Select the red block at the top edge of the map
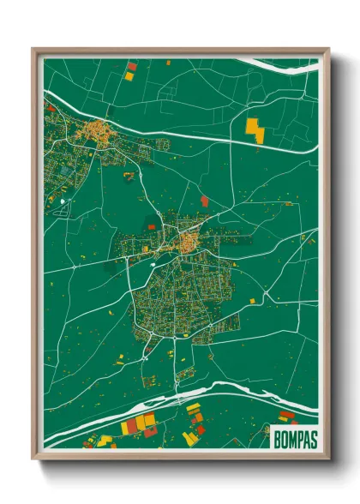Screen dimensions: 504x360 tap(131, 65)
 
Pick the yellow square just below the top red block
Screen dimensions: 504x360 tap(129, 75)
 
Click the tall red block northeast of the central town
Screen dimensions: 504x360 tap(204, 201)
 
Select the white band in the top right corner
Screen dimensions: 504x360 tap(283, 63)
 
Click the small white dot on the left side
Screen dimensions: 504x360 tap(63, 202)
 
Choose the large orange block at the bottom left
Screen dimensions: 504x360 tap(144, 421)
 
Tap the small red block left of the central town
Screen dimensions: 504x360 tap(152, 227)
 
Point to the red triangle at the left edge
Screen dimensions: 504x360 tap(50, 109)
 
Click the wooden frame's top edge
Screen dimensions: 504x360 tap(180, 51)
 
